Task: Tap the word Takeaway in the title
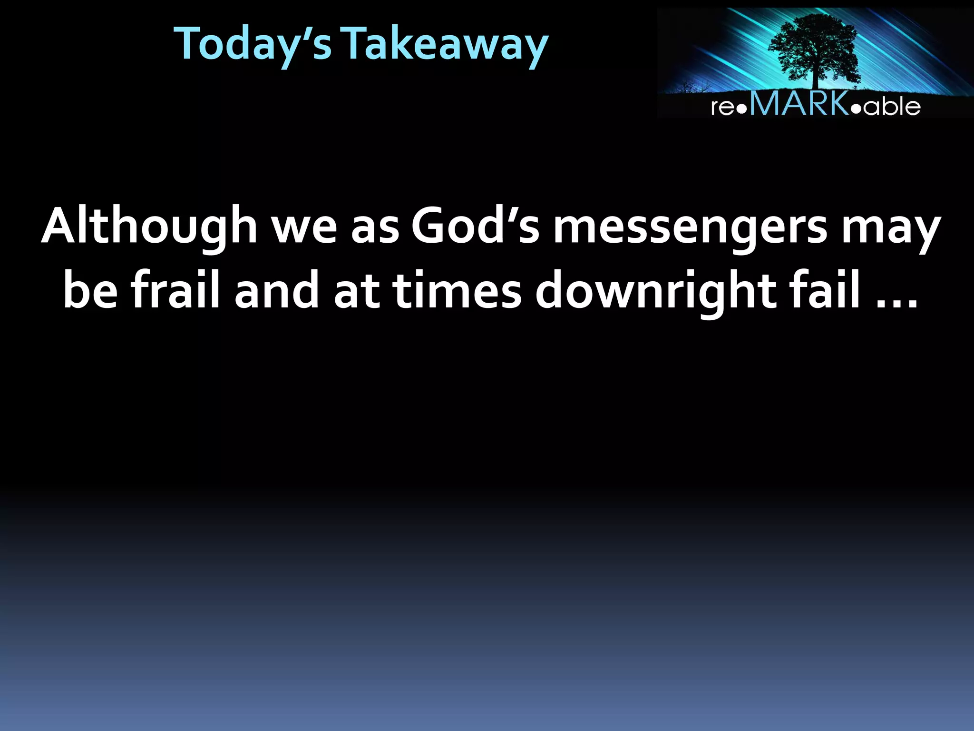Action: (x=446, y=44)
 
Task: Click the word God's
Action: (x=475, y=226)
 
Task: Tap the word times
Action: (x=457, y=290)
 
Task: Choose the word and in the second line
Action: (x=276, y=290)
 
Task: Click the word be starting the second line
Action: (x=90, y=290)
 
